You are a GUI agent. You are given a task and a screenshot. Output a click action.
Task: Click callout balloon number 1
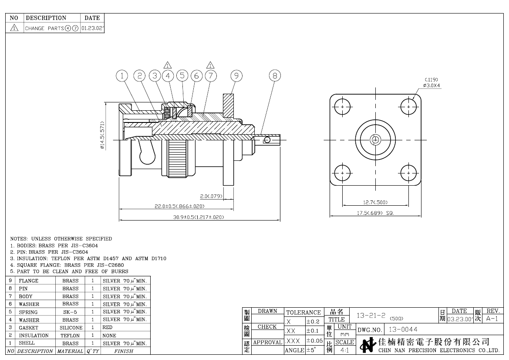point(123,76)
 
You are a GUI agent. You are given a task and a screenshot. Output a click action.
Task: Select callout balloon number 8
point(275,76)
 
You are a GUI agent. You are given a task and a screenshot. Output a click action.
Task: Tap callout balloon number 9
point(236,76)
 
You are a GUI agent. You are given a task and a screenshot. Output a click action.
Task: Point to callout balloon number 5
point(182,76)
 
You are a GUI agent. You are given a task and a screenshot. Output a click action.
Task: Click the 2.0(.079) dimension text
point(211,196)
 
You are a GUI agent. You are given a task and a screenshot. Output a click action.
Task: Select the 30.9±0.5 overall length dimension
point(199,217)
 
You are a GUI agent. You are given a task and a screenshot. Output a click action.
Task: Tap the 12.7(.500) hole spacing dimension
point(375,202)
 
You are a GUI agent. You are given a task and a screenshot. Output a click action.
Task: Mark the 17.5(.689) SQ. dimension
point(375,213)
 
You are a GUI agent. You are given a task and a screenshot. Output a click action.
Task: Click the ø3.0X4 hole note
point(431,85)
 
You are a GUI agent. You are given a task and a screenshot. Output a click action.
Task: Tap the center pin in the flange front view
point(375,139)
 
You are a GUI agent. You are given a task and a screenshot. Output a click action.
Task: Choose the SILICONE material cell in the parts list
point(71,327)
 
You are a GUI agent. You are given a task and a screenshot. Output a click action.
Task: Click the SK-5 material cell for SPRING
point(71,312)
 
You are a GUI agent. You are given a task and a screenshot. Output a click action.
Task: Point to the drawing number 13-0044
point(403,330)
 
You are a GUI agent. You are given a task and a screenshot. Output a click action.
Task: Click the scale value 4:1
point(344,350)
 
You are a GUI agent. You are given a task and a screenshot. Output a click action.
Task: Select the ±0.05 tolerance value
point(314,340)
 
